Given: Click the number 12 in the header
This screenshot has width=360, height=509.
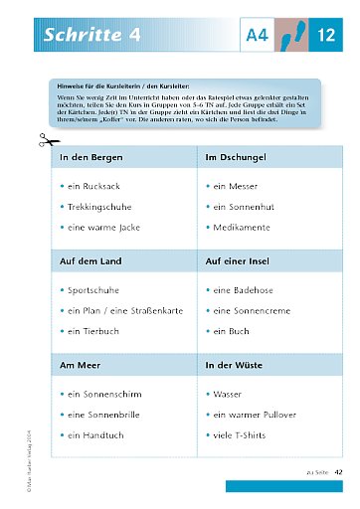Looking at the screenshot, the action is [326, 36].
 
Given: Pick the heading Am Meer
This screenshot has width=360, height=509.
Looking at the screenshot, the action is [80, 365].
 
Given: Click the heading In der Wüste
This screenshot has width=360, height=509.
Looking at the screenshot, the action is [235, 365].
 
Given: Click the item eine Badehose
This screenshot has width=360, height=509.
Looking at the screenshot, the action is [245, 289].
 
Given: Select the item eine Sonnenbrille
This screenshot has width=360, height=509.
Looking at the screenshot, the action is [107, 415].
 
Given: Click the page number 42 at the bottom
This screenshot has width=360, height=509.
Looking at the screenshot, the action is [338, 471].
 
